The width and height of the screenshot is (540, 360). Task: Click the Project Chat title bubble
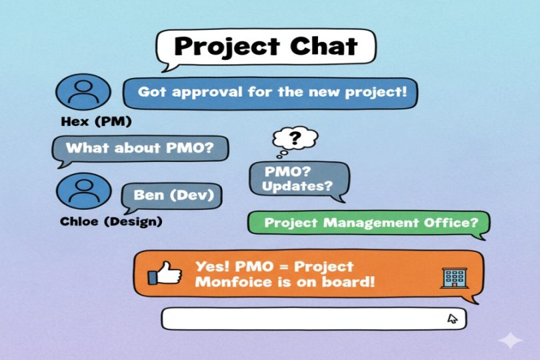pos(265,47)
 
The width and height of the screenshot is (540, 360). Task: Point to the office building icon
pos(452,278)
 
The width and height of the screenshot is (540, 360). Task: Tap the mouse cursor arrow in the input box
pos(453,318)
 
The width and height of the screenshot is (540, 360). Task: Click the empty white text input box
pos(300,319)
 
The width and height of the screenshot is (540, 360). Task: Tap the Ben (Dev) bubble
pos(173,196)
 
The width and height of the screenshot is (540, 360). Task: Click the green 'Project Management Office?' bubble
pos(368,223)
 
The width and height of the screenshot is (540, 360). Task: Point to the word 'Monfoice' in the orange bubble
pos(227,281)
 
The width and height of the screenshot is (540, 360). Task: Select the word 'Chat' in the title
pos(321,47)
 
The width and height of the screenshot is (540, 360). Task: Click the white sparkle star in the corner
pos(511,340)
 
